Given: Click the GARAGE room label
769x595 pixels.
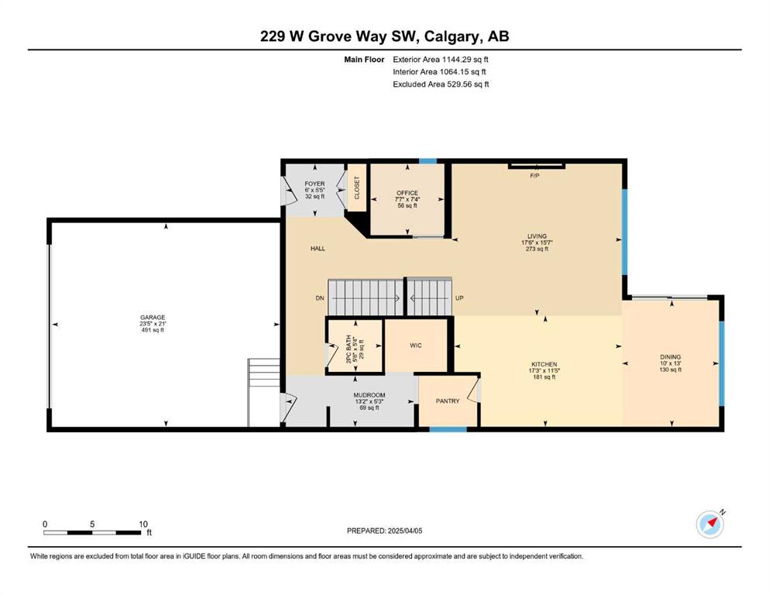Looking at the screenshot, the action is (153, 318).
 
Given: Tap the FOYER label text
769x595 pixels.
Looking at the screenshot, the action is (314, 184).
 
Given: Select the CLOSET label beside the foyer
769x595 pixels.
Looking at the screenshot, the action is (356, 187).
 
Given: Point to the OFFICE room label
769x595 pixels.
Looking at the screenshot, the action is (407, 193).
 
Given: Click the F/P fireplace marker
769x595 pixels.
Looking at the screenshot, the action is (534, 176).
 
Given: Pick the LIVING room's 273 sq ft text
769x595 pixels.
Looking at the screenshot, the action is (537, 249).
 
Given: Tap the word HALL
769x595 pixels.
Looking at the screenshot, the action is (318, 249).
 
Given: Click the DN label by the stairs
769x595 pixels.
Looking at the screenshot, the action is (320, 298).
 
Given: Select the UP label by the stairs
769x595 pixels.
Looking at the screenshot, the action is (459, 298).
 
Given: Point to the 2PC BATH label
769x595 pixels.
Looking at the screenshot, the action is (349, 349).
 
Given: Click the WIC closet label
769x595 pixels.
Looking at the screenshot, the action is (415, 346).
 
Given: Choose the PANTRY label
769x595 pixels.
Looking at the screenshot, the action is (448, 401).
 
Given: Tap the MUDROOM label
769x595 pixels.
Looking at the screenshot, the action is (369, 395).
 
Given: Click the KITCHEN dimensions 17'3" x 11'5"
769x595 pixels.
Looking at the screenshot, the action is (544, 371).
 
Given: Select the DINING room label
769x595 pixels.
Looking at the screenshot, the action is (671, 357).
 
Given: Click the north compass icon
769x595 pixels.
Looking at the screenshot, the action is (710, 524).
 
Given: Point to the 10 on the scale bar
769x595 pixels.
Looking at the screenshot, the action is (143, 524).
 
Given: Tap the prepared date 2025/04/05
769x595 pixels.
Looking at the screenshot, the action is (405, 531).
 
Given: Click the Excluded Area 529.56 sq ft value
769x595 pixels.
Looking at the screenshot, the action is (468, 84).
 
